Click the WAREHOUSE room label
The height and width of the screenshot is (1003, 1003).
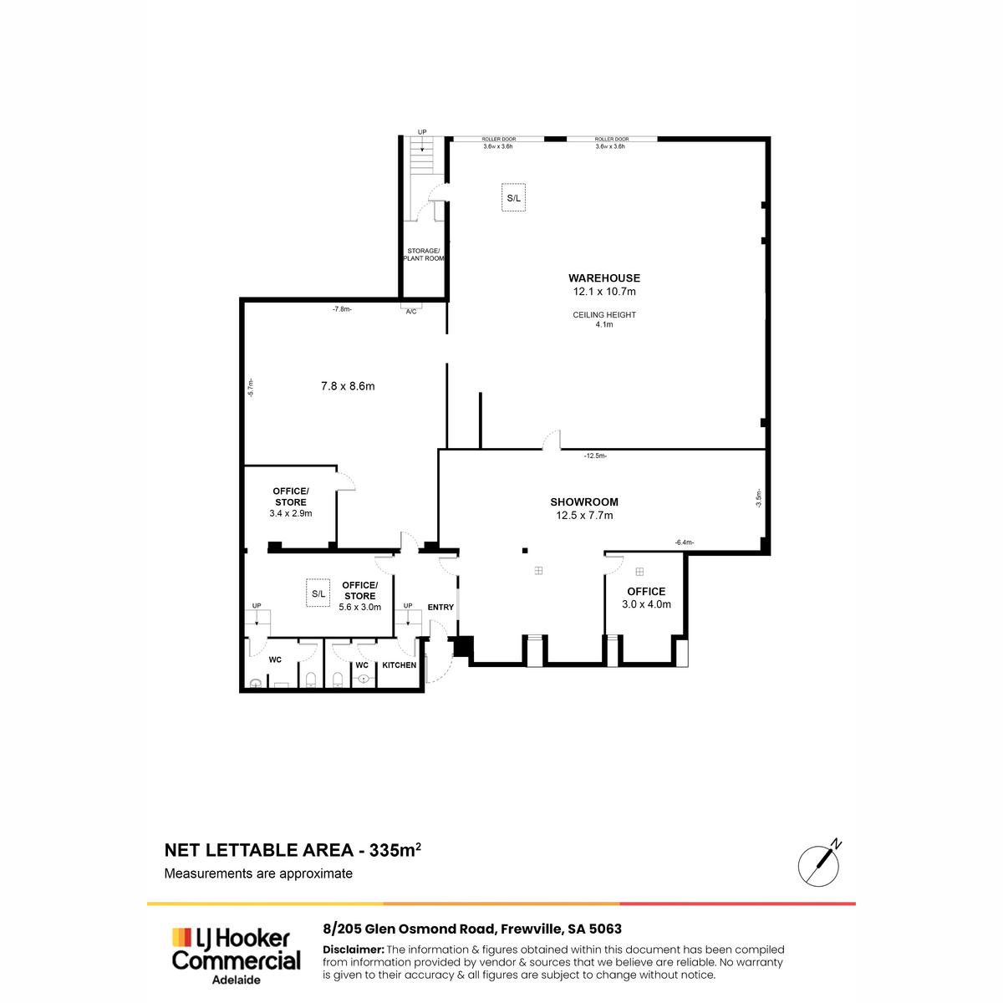pos(603,278)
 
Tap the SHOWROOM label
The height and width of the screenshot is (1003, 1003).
pos(584,502)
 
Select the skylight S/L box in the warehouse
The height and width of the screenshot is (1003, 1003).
pos(513,198)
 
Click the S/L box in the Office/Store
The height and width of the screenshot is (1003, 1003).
pos(318,593)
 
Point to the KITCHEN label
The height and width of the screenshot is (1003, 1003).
pos(400,665)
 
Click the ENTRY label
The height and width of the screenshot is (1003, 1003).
pos(440,607)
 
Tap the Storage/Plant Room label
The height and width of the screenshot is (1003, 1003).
pos(424,255)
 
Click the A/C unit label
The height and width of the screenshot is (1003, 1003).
pos(411,312)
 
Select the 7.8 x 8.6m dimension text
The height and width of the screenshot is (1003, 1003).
pos(348,386)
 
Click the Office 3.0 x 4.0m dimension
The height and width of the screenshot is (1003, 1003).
pos(646,604)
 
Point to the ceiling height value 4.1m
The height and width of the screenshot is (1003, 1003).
pos(604,325)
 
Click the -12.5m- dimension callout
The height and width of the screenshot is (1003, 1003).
pos(595,456)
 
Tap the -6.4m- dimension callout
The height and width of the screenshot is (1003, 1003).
pos(685,542)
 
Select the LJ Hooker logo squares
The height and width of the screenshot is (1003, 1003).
pos(181,937)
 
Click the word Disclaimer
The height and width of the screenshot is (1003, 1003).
pos(354,950)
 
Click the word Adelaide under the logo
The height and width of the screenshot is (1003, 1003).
pos(237,980)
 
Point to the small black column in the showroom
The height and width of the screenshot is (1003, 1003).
pos(525,551)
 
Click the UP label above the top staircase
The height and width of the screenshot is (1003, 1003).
pos(422,132)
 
